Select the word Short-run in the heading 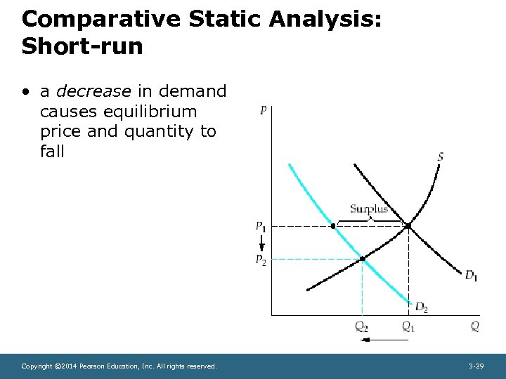tap(82, 46)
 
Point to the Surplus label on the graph tap(369, 208)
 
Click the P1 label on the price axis tap(261, 226)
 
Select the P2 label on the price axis tap(261, 260)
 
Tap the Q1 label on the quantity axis tap(408, 326)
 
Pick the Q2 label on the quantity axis tap(362, 326)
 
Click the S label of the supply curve tap(441, 157)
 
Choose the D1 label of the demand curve tap(471, 275)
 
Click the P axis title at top tap(263, 110)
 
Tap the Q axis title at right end tap(475, 326)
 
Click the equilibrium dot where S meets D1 tap(408, 226)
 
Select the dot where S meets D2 tap(363, 260)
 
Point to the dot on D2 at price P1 tap(333, 226)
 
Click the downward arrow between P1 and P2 tap(261, 243)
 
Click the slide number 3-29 tap(476, 366)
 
